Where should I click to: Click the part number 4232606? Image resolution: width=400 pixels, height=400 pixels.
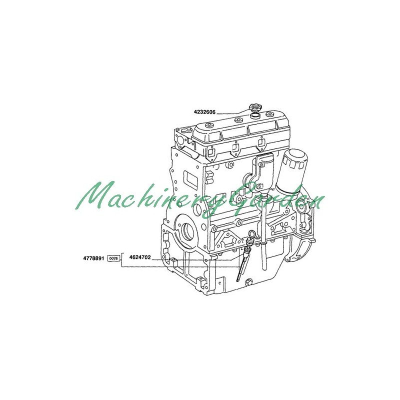(x=204, y=112)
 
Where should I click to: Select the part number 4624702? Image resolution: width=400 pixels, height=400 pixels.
(x=140, y=257)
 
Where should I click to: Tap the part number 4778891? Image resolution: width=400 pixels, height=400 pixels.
(x=93, y=258)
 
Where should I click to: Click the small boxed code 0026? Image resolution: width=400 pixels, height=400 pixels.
(x=113, y=258)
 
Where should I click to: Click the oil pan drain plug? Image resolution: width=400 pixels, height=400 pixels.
(x=248, y=282)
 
